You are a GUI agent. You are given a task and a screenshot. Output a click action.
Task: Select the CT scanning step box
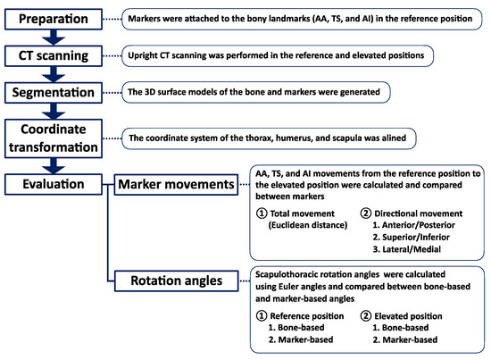coord(54,54)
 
